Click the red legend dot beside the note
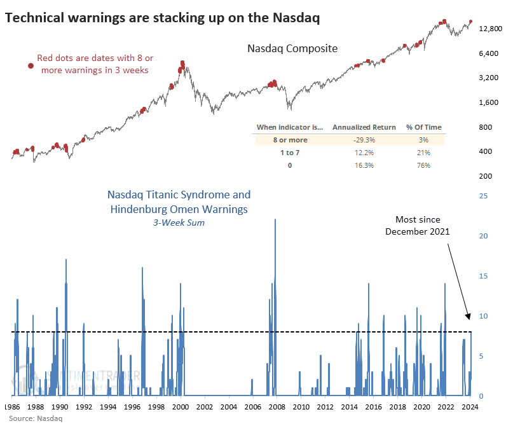click(30, 65)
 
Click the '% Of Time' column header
click(424, 127)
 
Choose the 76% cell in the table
click(424, 165)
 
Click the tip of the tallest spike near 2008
click(275, 219)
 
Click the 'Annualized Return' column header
click(364, 127)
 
